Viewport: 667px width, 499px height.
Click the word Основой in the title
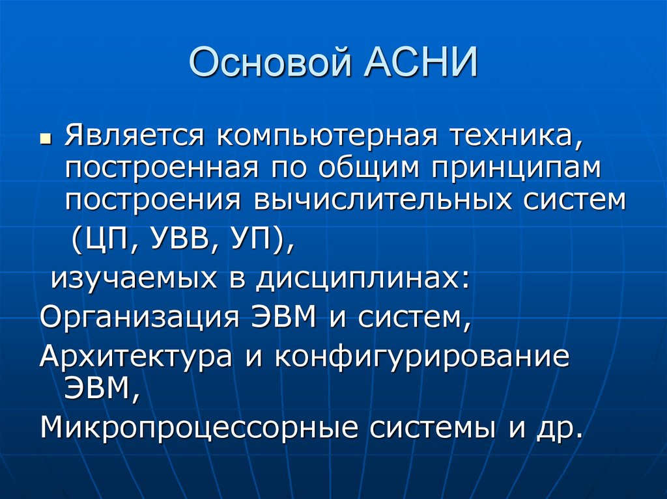tap(270, 63)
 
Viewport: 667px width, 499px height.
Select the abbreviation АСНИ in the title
tap(420, 62)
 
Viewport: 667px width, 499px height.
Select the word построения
tap(153, 200)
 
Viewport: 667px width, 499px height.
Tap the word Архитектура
tap(135, 356)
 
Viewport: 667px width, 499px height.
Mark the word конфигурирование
tap(422, 356)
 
